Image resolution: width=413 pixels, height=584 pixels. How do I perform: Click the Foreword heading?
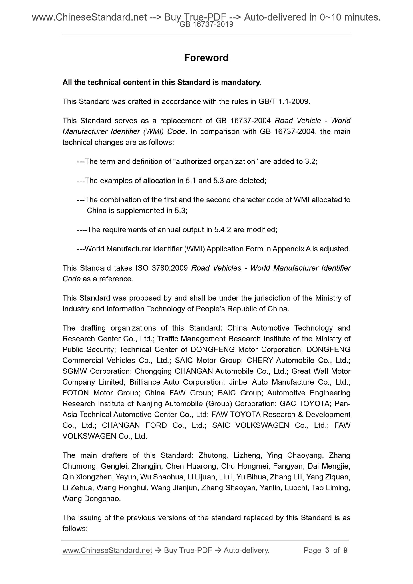206,58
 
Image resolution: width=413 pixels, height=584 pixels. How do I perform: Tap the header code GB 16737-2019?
206,25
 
